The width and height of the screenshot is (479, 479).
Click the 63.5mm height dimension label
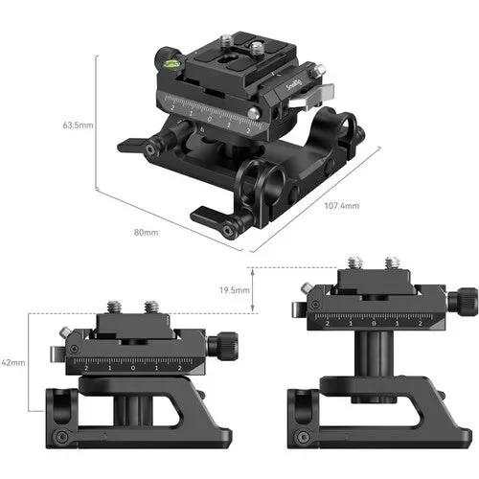click(x=78, y=125)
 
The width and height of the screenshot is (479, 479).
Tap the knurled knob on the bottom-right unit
click(x=467, y=301)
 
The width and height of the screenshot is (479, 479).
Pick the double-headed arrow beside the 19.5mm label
click(x=254, y=289)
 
